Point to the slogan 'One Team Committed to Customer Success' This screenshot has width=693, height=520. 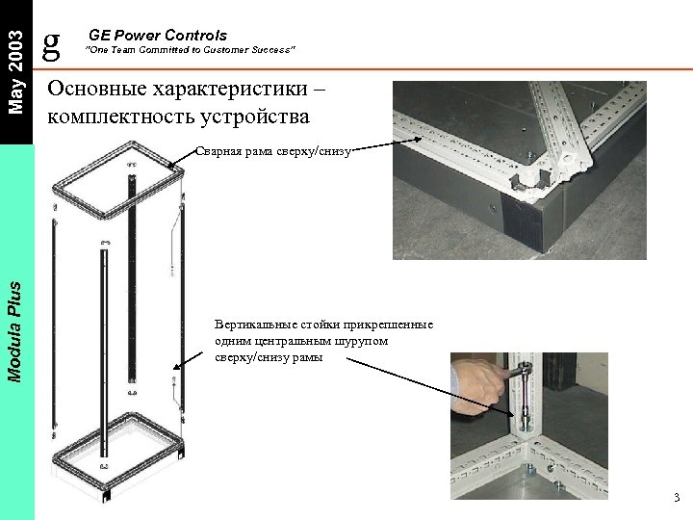click(192, 49)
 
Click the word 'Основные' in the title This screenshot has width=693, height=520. click(103, 88)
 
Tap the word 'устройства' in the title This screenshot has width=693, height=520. click(259, 117)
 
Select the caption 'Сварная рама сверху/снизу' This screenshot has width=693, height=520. click(274, 151)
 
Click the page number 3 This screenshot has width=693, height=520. click(677, 498)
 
